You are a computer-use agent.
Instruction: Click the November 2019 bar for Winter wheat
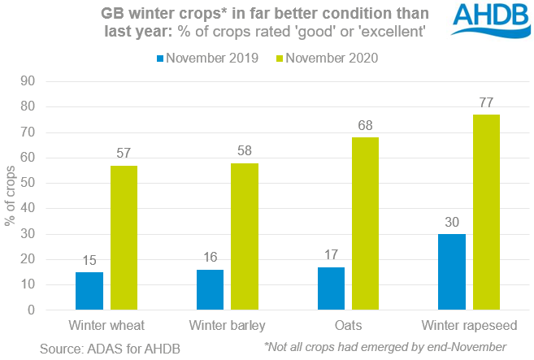(89, 291)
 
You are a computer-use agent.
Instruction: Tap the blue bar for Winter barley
(210, 289)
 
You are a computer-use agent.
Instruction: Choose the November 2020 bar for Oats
(365, 223)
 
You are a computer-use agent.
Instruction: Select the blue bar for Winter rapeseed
(451, 271)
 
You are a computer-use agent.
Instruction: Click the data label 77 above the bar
(487, 103)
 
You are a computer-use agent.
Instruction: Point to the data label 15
(89, 261)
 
